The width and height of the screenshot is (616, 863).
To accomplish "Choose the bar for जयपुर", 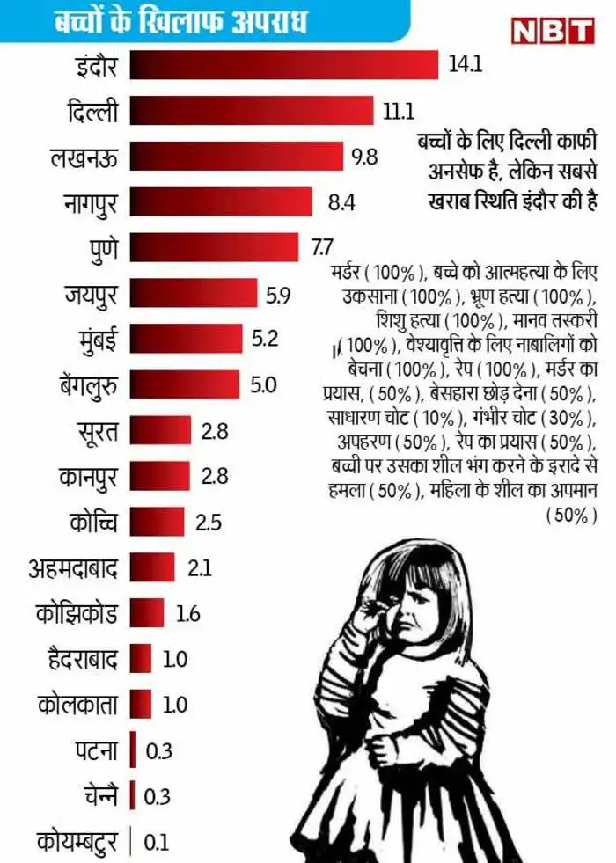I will click(x=193, y=293).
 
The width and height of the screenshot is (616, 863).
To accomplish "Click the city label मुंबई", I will click(x=98, y=339).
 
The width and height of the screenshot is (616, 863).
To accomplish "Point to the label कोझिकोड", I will click(x=77, y=612).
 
